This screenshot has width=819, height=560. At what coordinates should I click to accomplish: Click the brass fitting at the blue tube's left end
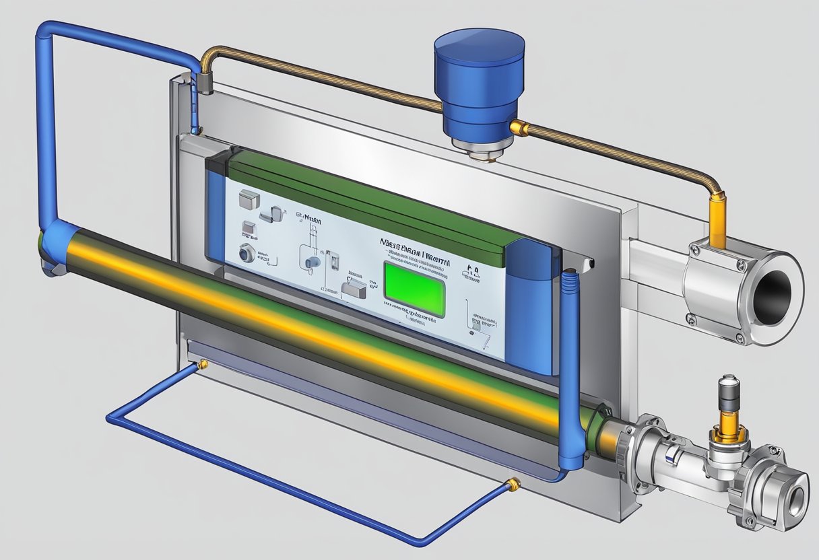point(201,365)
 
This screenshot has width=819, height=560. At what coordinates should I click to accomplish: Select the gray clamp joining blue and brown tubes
point(204,83)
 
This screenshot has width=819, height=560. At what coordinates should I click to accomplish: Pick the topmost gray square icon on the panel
point(249,197)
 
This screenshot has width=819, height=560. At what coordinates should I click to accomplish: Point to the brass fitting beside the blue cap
point(519,127)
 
